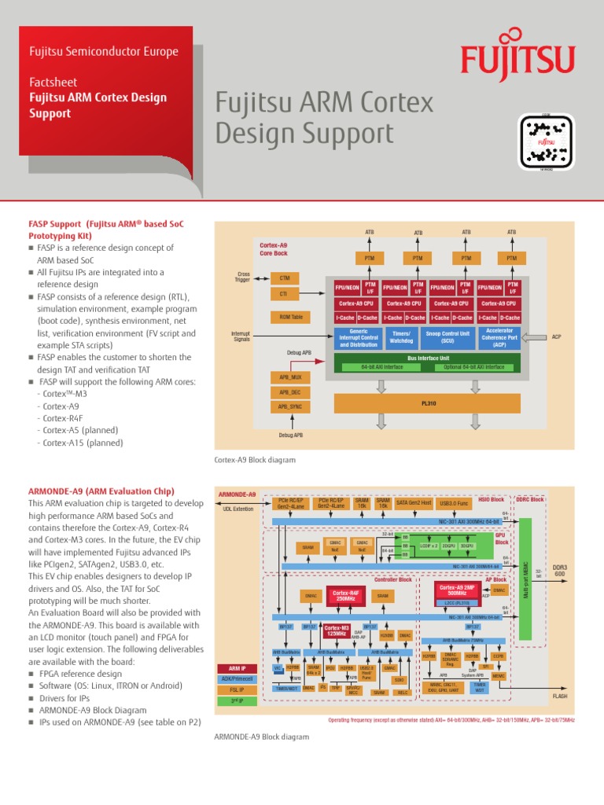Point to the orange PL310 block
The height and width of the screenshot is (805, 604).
(x=428, y=402)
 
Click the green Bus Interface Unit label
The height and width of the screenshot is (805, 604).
(x=428, y=358)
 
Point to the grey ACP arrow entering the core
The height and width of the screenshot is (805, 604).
(x=534, y=337)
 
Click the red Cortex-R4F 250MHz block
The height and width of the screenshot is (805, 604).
(x=346, y=596)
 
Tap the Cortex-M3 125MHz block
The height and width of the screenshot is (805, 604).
(x=337, y=630)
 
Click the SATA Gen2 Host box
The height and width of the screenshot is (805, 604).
(x=414, y=502)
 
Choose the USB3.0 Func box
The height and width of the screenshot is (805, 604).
(x=454, y=502)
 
